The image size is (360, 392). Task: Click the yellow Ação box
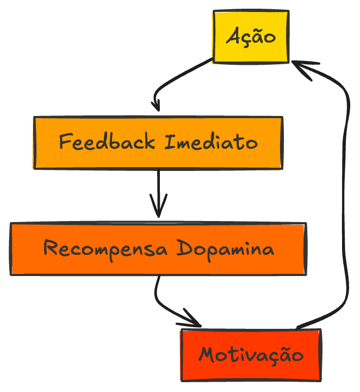coord(250,36)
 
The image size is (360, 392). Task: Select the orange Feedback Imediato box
coord(158,143)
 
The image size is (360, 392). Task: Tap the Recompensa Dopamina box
coord(158,249)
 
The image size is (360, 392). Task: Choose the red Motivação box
coord(251,355)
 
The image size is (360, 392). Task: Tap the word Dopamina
coord(225,249)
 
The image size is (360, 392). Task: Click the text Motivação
coord(251,355)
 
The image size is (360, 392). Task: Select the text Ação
coord(251,37)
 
